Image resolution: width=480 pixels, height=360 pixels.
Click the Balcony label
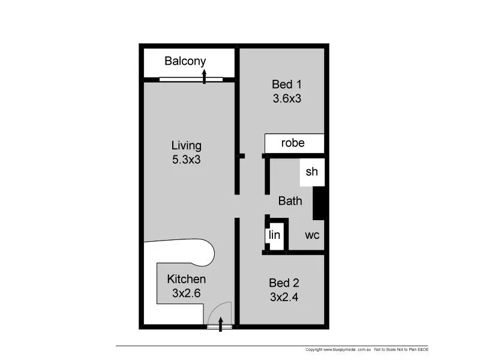(185, 61)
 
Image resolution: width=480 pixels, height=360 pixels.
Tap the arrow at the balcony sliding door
(205, 76)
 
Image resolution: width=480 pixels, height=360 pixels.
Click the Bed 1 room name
(286, 85)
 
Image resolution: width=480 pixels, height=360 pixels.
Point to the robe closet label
(293, 143)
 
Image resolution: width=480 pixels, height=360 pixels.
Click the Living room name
(187, 145)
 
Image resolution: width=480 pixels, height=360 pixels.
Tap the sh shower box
(311, 172)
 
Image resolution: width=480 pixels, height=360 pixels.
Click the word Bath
(290, 202)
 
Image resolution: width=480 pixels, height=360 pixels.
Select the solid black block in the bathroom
(320, 203)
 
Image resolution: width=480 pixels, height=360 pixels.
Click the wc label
(312, 235)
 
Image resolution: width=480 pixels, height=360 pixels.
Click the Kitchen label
(186, 279)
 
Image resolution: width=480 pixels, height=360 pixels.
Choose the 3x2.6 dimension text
(186, 293)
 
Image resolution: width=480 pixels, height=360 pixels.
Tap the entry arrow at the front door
(221, 325)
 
